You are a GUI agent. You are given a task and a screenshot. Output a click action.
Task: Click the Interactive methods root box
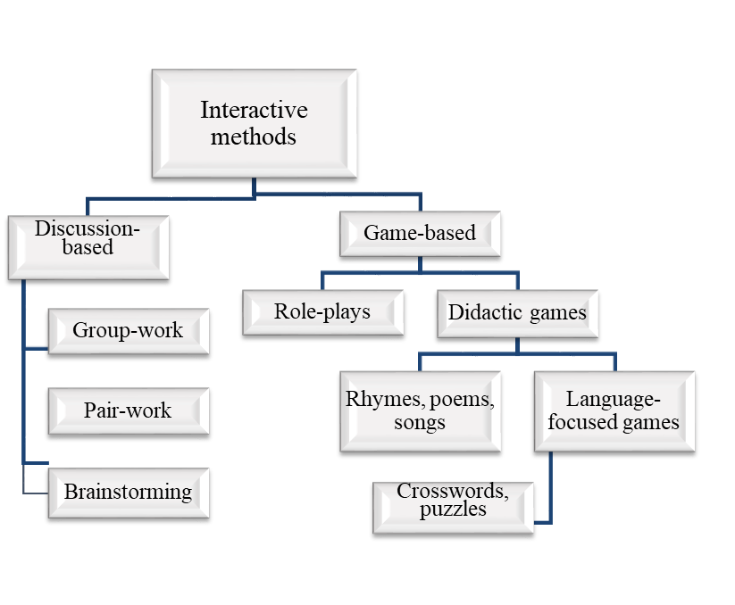[254, 124]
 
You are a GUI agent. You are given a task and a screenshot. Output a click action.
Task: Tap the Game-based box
[419, 234]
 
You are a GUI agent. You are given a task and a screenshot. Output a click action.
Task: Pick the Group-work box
[128, 331]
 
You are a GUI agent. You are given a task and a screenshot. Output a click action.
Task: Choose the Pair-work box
[128, 411]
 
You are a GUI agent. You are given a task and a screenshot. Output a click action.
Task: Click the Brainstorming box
[128, 492]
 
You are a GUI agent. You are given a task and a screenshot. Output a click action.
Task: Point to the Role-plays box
[322, 313]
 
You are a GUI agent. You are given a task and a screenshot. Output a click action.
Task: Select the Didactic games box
[517, 313]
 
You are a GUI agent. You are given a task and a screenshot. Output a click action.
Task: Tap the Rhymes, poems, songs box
[419, 410]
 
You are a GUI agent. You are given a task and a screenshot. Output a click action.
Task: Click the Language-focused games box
[614, 410]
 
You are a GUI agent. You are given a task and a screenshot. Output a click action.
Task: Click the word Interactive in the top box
[254, 111]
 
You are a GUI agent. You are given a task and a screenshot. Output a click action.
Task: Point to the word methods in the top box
[254, 137]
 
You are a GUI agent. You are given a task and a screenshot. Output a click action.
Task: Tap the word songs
[419, 422]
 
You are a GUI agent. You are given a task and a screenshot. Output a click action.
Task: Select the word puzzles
[453, 510]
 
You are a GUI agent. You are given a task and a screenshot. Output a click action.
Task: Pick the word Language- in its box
[614, 400]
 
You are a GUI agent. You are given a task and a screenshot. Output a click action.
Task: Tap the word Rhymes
[380, 400]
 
